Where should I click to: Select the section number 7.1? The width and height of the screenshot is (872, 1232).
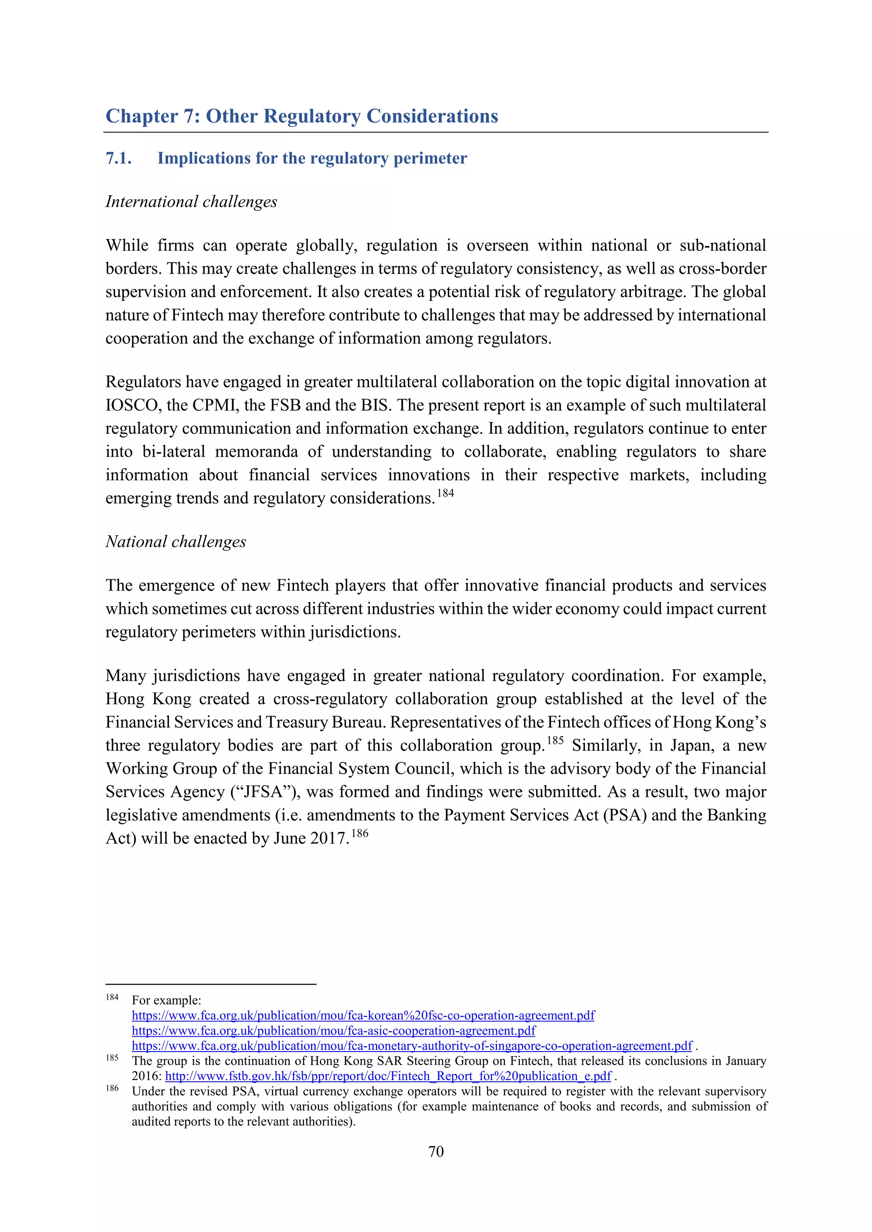(119, 158)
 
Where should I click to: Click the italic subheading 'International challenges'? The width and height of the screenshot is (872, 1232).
(191, 202)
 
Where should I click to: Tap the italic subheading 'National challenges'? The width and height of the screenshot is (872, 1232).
(175, 541)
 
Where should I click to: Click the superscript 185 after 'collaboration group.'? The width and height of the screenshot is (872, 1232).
(555, 740)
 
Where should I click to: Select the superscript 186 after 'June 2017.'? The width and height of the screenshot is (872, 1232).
(360, 833)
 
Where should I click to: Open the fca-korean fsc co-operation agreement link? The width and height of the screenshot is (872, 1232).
(363, 1015)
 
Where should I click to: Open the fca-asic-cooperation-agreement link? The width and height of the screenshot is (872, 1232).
(333, 1030)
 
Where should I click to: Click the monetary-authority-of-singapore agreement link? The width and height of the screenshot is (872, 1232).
(412, 1045)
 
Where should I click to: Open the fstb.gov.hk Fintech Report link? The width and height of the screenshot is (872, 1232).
(388, 1076)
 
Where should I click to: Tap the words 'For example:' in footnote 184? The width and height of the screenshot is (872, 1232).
(166, 1000)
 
